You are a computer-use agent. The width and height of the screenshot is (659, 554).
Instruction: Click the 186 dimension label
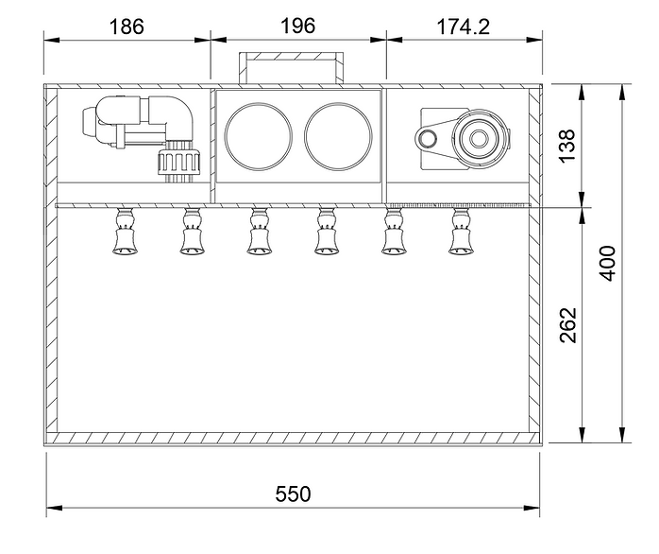pyautogui.click(x=127, y=26)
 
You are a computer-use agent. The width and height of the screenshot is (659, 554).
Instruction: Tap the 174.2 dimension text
pyautogui.click(x=464, y=26)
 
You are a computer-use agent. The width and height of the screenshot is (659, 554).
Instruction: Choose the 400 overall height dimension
pyautogui.click(x=609, y=263)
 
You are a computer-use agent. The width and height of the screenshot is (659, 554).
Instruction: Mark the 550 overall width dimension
pyautogui.click(x=292, y=493)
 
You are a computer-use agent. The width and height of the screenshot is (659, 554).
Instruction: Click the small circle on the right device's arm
pyautogui.click(x=428, y=139)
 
